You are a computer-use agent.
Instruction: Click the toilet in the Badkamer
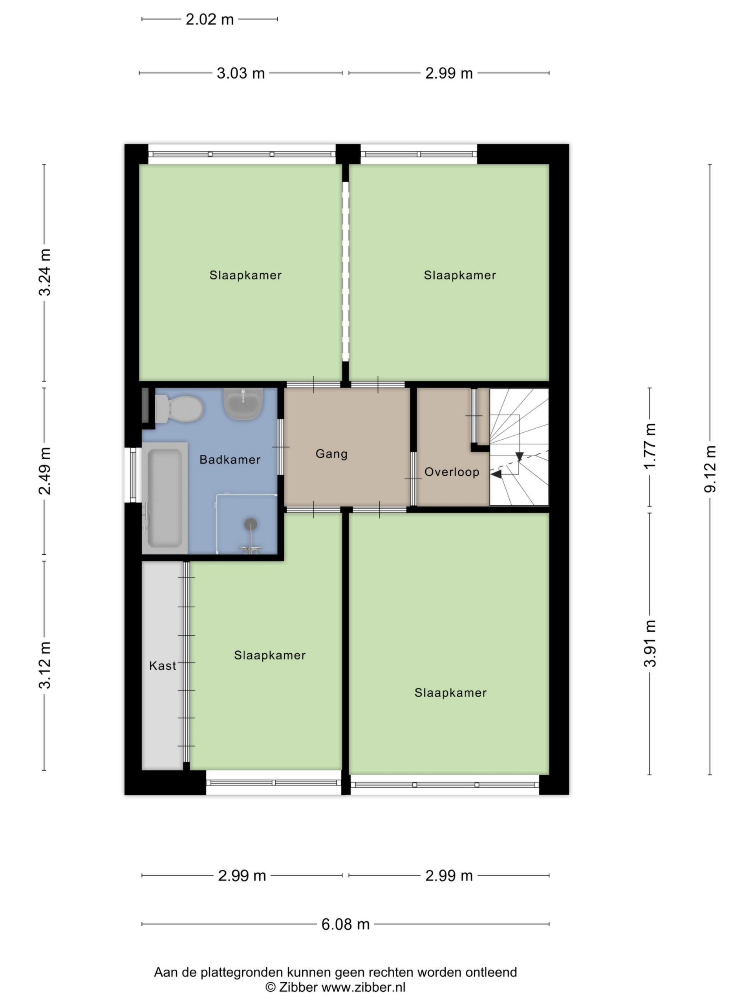[179, 408]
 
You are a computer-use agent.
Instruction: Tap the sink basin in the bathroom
[243, 404]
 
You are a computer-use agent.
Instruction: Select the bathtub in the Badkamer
[165, 498]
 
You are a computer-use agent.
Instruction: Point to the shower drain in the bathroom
[251, 524]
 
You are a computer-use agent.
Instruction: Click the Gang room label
[331, 454]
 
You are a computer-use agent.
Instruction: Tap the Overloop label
[452, 472]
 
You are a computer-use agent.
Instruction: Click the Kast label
[162, 665]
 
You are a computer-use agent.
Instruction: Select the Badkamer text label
[230, 459]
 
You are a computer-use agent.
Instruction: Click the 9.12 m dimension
[710, 469]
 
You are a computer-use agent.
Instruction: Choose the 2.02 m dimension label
[210, 20]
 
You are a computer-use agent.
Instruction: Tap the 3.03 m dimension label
[240, 73]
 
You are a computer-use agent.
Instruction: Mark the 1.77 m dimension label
[650, 446]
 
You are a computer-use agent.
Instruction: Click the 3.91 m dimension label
[650, 643]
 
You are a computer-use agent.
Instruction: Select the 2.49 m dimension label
[44, 471]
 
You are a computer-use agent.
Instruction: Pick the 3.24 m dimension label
[44, 272]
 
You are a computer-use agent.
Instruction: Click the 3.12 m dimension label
[44, 665]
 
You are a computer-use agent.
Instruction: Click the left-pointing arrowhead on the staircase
[496, 474]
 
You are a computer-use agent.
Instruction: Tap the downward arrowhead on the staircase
[520, 457]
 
